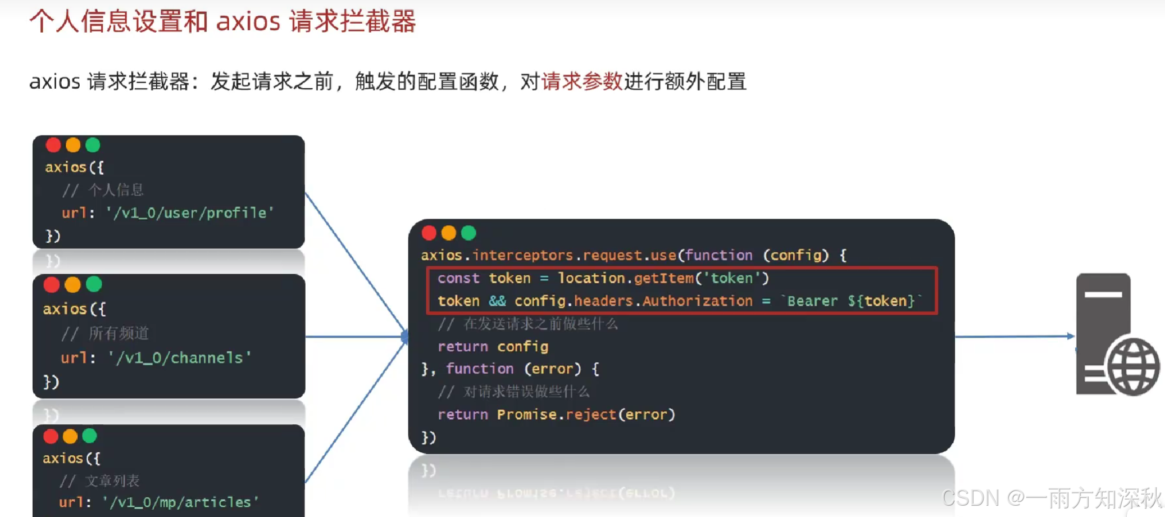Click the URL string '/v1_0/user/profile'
190,213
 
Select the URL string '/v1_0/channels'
180,358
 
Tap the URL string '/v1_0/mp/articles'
181,502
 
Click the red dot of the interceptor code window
429,233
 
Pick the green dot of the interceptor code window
468,233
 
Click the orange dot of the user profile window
73,145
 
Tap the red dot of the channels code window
52,285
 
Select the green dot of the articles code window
90,436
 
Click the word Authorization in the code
697,301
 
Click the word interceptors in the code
522,256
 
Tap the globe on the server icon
1133,366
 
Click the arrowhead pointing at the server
1071,336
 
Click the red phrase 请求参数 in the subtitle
582,82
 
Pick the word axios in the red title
248,21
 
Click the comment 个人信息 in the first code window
116,190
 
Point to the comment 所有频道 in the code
119,334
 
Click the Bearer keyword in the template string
812,301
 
